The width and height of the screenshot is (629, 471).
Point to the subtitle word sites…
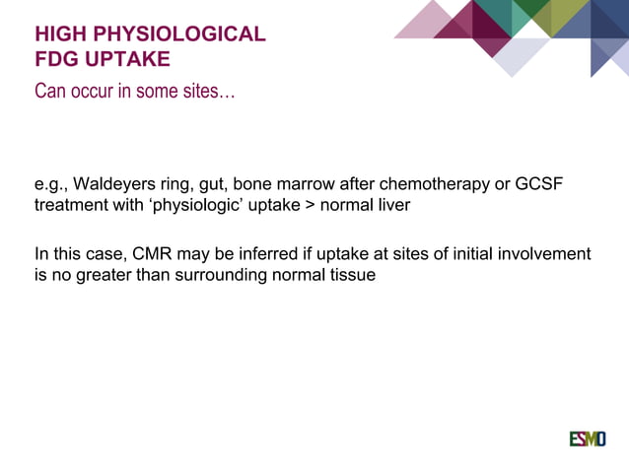(209, 93)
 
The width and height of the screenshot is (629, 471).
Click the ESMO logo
(587, 438)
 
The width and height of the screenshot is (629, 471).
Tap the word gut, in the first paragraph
(215, 187)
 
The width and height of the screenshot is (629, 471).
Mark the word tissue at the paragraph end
(352, 275)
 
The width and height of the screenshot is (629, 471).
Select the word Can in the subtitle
(50, 93)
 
